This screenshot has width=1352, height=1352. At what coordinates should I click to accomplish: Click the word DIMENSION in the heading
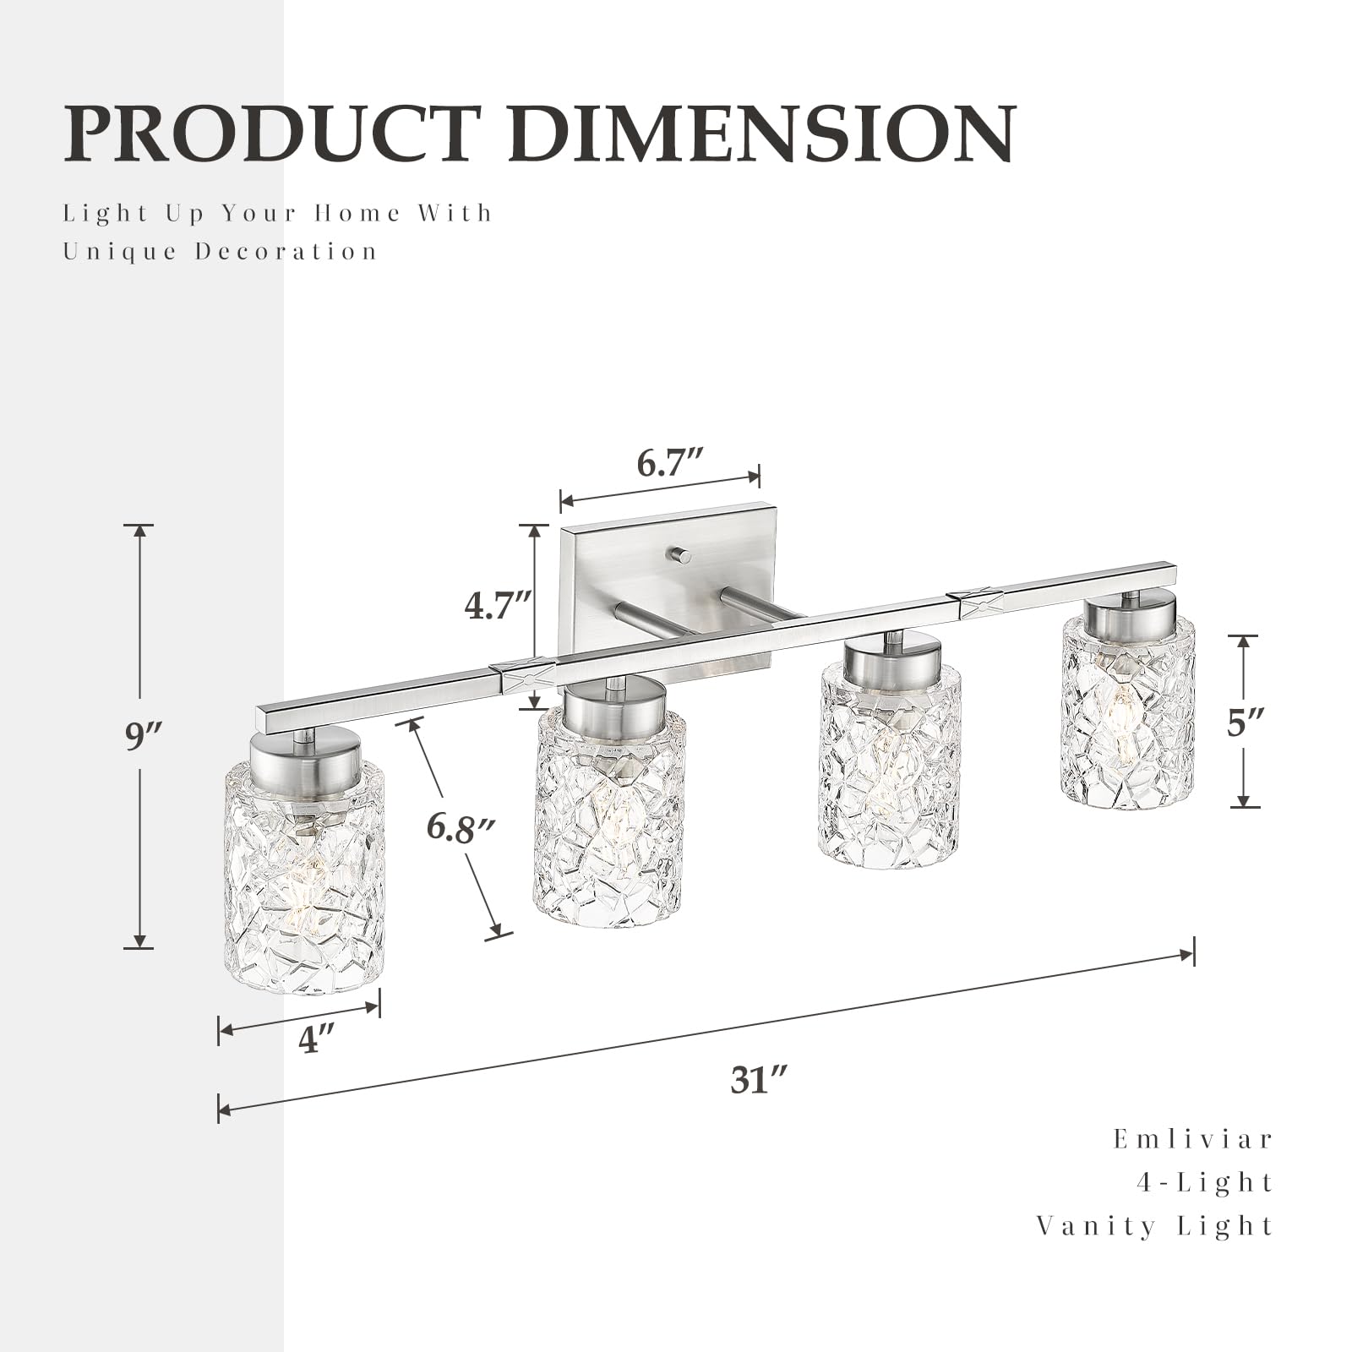click(761, 133)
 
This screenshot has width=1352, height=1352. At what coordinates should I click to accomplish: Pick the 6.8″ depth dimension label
click(460, 828)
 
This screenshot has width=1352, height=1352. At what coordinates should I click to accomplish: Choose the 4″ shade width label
click(318, 1039)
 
